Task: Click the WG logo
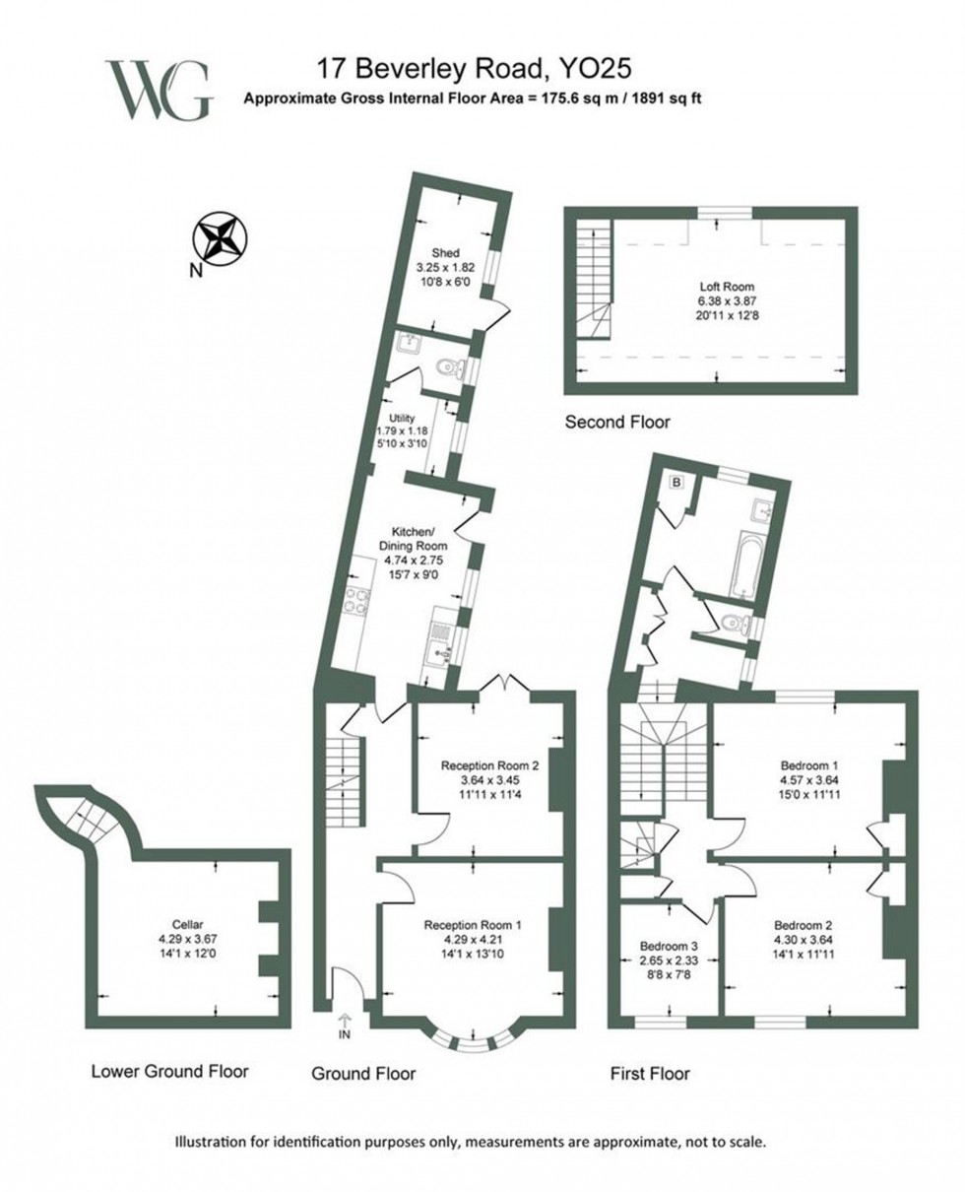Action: coord(158,90)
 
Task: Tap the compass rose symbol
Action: coord(220,237)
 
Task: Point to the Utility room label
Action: coord(404,419)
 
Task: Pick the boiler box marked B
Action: coord(677,482)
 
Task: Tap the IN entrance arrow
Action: coord(345,1025)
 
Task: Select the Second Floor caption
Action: coord(617,423)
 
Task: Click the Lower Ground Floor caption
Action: coord(169,1071)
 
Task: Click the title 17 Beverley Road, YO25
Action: coord(472,69)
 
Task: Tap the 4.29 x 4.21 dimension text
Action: coord(472,940)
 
